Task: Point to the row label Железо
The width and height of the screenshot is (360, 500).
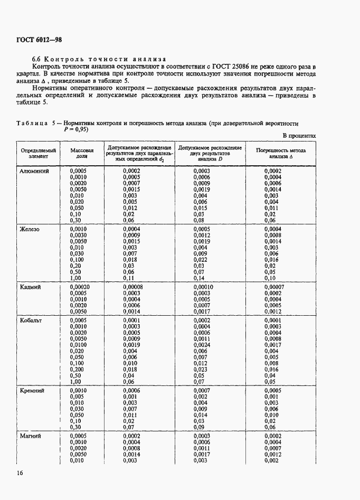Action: click(x=30, y=230)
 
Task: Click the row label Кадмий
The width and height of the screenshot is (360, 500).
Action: click(x=30, y=287)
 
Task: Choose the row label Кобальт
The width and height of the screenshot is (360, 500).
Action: click(x=31, y=320)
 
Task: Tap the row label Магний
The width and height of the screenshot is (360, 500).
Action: click(x=30, y=436)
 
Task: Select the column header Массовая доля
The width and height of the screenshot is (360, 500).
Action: click(x=81, y=153)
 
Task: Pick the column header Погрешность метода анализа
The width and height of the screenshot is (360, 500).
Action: click(x=281, y=153)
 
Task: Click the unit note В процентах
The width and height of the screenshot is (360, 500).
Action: click(x=299, y=136)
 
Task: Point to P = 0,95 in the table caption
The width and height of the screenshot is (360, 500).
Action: click(x=76, y=129)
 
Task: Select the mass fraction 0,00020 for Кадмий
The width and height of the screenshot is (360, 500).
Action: click(x=80, y=287)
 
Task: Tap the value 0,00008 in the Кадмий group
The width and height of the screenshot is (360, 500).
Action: click(x=134, y=287)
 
